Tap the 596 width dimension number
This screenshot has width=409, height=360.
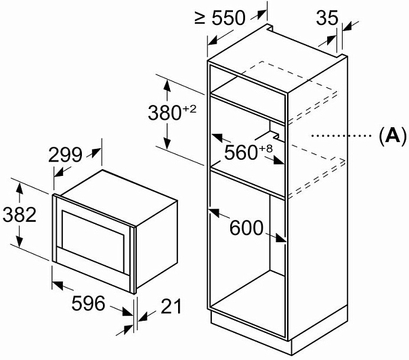[x=88, y=303]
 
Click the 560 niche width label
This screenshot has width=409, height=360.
[x=238, y=152]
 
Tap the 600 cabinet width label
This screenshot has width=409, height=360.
[x=246, y=228]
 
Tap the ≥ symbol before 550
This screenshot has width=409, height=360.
[x=199, y=18]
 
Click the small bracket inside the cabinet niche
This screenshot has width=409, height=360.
[x=270, y=129]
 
